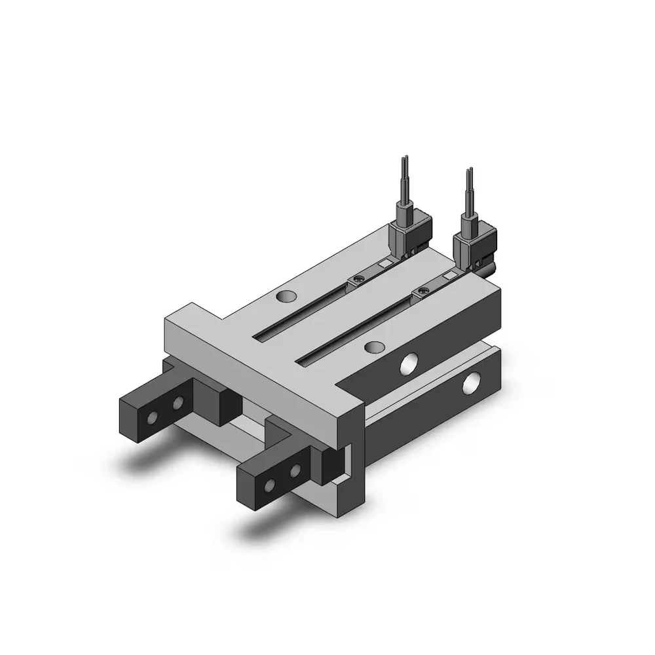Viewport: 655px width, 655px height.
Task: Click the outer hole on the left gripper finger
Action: click(153, 417)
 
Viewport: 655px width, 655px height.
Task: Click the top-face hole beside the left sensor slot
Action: click(284, 297)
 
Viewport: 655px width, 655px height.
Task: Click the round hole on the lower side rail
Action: click(470, 384)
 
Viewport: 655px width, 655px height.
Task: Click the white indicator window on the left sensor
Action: click(386, 265)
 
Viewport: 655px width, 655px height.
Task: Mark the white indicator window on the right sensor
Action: click(449, 276)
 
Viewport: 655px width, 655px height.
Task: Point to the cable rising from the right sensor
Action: click(469, 193)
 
